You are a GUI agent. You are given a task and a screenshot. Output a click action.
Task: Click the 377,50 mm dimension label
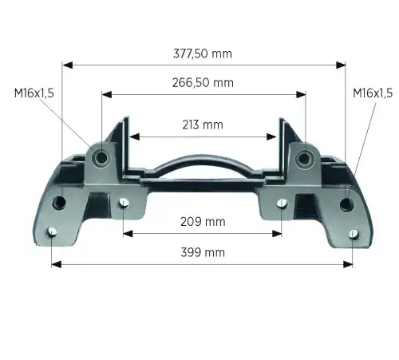tap(203, 53)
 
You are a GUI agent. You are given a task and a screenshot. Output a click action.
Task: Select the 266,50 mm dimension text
tap(203, 82)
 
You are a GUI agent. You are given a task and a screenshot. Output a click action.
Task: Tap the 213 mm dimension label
tap(203, 125)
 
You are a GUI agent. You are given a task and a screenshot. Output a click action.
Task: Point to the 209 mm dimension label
tap(203, 222)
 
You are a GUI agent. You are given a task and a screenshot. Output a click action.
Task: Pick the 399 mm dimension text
tap(203, 252)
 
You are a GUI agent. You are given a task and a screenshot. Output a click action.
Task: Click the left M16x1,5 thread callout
tap(34, 93)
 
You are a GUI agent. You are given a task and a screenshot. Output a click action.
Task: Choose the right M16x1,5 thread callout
tap(373, 93)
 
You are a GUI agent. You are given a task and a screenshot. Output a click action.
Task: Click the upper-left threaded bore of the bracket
tap(101, 158)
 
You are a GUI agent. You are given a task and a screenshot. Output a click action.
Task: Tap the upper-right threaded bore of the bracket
tap(304, 159)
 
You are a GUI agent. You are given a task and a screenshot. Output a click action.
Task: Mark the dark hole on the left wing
tap(59, 203)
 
